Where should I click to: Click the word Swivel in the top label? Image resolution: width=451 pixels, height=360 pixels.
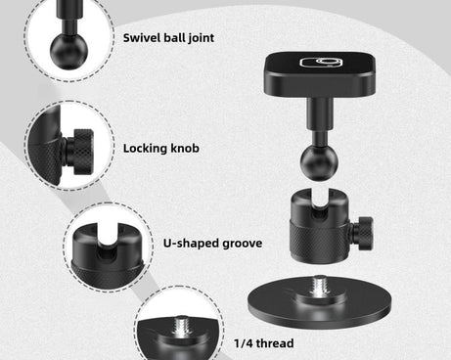(x=142, y=39)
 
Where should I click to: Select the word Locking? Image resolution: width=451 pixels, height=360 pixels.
(x=146, y=149)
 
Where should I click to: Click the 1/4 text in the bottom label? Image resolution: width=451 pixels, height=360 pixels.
(x=245, y=343)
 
